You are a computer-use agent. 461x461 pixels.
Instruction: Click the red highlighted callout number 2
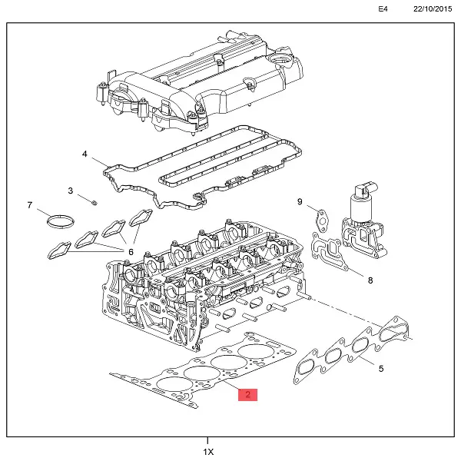pos(248,395)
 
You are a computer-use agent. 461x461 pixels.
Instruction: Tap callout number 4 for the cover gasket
pos(85,154)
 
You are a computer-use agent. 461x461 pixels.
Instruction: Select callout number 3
pos(70,191)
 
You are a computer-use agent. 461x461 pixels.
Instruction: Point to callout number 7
pos(29,205)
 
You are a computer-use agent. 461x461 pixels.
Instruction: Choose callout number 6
pos(131,252)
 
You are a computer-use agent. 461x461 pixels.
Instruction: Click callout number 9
pos(300,201)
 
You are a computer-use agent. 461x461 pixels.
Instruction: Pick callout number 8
pos(370,280)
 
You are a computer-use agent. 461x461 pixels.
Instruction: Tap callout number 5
pos(381,369)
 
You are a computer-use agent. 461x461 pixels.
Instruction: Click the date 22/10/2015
pos(433,9)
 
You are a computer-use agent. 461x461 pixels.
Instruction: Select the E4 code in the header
pos(383,9)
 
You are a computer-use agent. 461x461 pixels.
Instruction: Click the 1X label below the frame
pos(208,452)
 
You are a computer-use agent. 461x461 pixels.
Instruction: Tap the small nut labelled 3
pos(94,202)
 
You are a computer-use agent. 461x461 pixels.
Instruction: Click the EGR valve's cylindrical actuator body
pos(361,207)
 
